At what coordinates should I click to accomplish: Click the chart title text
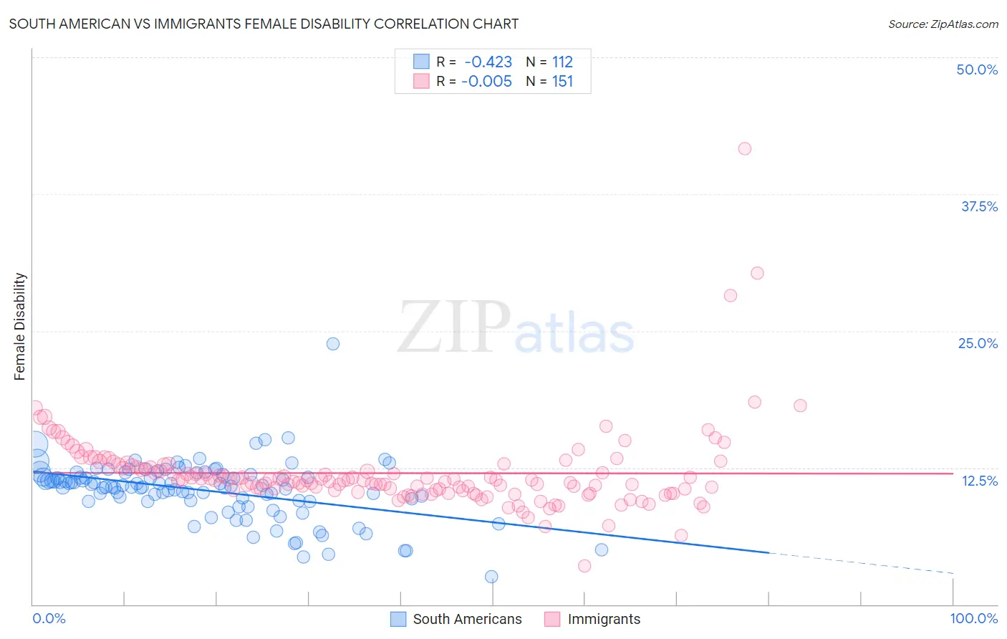click(264, 24)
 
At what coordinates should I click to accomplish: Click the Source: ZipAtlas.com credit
click(943, 24)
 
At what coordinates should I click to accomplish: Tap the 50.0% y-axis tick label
click(977, 69)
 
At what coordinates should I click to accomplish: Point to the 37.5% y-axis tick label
click(979, 206)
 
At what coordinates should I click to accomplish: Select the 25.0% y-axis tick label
click(978, 343)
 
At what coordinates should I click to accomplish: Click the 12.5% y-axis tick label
click(979, 481)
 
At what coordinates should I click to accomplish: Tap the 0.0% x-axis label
click(49, 618)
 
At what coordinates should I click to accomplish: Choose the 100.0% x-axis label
click(973, 618)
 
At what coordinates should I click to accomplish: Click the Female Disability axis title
click(20, 326)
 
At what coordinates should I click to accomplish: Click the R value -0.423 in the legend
click(488, 62)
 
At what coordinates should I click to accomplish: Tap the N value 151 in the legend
click(562, 82)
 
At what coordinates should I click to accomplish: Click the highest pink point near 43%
click(745, 148)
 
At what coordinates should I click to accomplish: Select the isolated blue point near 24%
click(333, 344)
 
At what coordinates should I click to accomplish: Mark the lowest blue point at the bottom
click(491, 577)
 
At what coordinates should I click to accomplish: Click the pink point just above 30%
click(757, 273)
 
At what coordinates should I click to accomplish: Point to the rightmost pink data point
click(801, 405)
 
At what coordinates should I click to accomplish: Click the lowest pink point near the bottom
click(584, 566)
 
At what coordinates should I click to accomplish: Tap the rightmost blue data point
click(602, 549)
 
